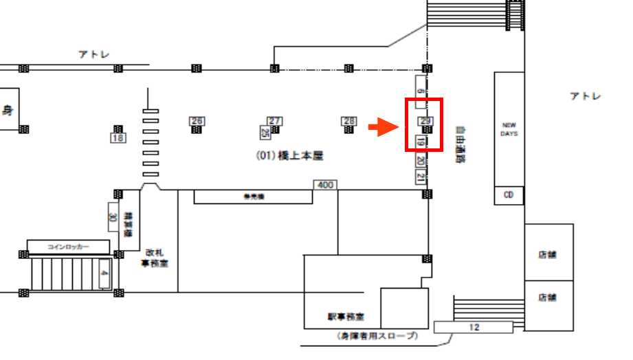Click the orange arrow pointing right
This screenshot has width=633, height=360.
381,127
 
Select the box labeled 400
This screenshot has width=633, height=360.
324,185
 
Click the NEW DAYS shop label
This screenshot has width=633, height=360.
509,129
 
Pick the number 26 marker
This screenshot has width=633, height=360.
197,121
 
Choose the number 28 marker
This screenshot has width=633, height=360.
349,121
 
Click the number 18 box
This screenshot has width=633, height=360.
118,137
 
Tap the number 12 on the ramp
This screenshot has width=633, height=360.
473,327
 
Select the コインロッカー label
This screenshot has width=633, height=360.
68,246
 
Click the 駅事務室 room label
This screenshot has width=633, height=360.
346,317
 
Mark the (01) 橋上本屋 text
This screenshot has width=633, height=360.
289,157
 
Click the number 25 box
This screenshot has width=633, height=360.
265,132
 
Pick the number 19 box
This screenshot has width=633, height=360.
421,143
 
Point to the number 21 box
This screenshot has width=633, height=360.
421,177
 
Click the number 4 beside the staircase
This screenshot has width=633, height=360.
104,273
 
